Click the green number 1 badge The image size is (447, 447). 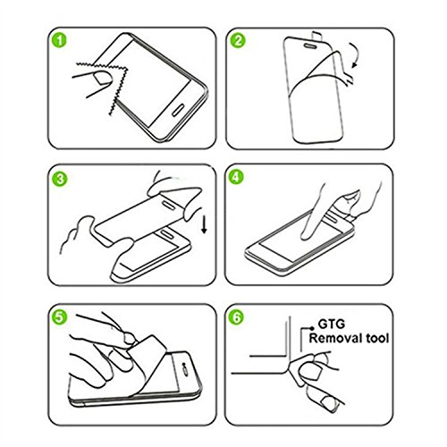coord(60,41)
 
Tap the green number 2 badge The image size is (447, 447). coord(238,41)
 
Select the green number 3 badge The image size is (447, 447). coord(60,179)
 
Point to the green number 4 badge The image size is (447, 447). coord(236,177)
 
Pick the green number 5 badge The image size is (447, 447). coord(60,316)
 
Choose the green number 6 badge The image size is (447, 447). coord(236,317)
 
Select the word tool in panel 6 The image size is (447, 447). coord(378,339)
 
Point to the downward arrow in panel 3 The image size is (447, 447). coord(204,225)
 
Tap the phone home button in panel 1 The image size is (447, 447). coord(178,109)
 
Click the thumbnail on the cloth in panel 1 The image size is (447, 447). coord(103,79)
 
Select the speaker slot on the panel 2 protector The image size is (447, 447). coord(311,46)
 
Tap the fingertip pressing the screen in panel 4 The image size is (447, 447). coord(306,235)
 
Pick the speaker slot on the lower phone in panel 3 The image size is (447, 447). coord(166,234)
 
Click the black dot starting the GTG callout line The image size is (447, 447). coord(312,328)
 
